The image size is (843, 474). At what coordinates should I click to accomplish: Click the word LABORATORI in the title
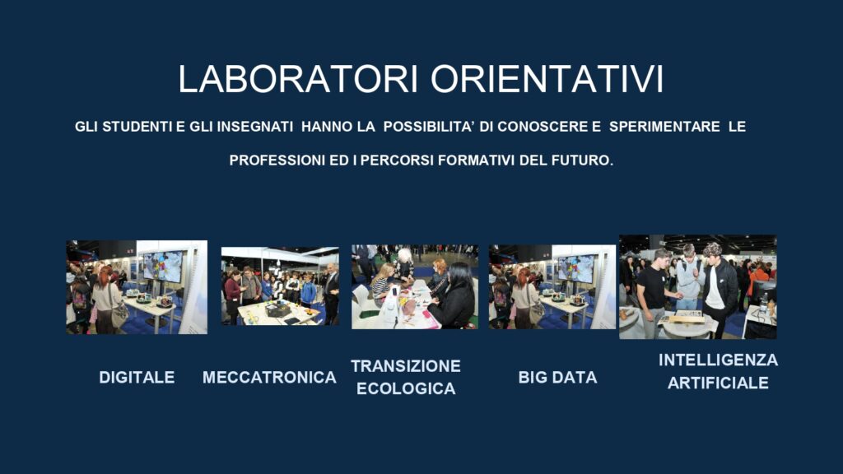[x=298, y=79]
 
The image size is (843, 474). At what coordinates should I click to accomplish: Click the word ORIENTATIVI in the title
[x=547, y=79]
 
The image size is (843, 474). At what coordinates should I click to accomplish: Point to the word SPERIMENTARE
[x=664, y=127]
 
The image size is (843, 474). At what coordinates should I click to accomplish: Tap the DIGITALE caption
[x=137, y=377]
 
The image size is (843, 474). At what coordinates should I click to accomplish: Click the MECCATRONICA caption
[x=269, y=377]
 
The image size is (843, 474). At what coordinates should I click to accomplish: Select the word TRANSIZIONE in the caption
[x=406, y=366]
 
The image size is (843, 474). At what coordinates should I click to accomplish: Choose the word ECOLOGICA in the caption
[x=406, y=388]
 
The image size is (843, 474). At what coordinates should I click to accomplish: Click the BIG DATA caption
[x=557, y=377]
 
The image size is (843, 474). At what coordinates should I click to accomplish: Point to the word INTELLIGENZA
[x=718, y=360]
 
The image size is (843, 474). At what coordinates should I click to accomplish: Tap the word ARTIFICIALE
[x=718, y=383]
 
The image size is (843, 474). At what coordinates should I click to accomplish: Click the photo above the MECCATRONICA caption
[x=280, y=286]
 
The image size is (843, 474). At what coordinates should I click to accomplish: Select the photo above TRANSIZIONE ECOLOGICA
[x=415, y=287]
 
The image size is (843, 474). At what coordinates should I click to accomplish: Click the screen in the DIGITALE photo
[x=163, y=266]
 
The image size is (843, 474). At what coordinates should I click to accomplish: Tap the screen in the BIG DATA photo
[x=575, y=269]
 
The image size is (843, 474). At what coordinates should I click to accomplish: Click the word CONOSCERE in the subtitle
[x=543, y=127]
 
